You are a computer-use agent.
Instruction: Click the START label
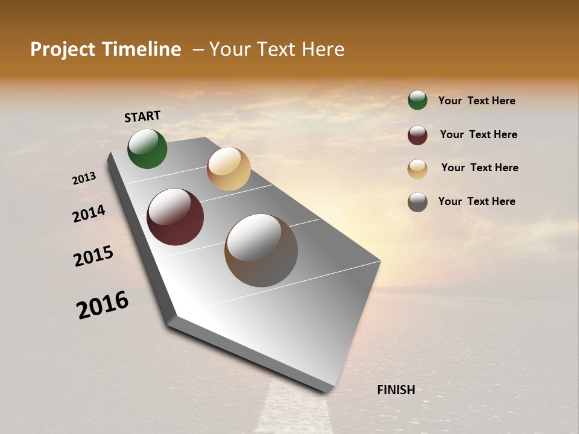142,116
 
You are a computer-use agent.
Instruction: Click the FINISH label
396,390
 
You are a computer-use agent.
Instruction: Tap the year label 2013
84,178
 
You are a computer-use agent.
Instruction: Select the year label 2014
89,213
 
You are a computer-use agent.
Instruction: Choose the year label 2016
103,305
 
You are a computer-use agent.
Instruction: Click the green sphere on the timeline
147,149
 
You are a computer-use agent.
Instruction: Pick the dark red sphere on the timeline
176,217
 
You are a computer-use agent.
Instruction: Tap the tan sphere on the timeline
229,169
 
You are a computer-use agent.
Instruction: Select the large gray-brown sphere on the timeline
261,250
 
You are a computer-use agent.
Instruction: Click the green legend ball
417,101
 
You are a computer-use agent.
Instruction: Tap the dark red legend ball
417,135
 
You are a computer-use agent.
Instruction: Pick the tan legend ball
417,169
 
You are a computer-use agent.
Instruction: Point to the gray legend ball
417,202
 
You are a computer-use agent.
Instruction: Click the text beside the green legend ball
476,101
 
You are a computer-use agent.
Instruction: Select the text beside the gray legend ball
476,201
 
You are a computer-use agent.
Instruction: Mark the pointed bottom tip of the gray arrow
326,392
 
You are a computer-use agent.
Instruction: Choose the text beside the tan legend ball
479,168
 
